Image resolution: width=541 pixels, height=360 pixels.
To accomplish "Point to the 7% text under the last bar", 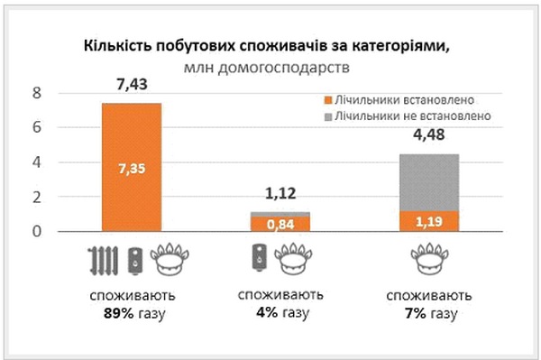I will pos(416,313).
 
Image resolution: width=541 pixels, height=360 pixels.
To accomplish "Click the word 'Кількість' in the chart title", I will pos(115,46).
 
